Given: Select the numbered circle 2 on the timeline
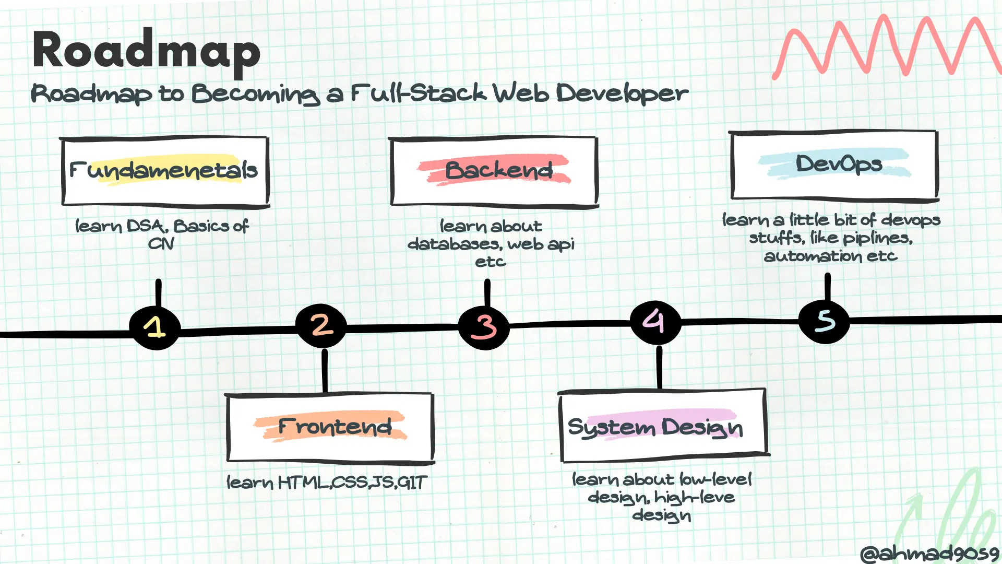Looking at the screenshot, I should [321, 325].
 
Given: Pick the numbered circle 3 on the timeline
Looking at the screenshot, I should [484, 327].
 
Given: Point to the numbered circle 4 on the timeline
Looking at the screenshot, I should [655, 322].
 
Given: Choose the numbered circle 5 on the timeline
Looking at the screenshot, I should [825, 321].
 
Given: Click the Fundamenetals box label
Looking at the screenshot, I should [164, 170].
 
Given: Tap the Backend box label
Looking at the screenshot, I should [498, 170].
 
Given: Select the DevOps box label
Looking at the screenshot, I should [839, 164].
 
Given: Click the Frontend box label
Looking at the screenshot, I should [335, 427].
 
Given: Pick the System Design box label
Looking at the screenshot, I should [655, 427].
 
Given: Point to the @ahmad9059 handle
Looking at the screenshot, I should [929, 553].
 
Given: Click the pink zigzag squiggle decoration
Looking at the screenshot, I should [887, 47].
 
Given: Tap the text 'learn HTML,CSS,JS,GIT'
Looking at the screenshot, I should [327, 482].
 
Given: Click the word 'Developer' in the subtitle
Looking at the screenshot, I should [622, 94].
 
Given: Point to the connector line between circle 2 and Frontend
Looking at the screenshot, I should [325, 371].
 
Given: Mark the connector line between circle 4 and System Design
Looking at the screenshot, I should [659, 368].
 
